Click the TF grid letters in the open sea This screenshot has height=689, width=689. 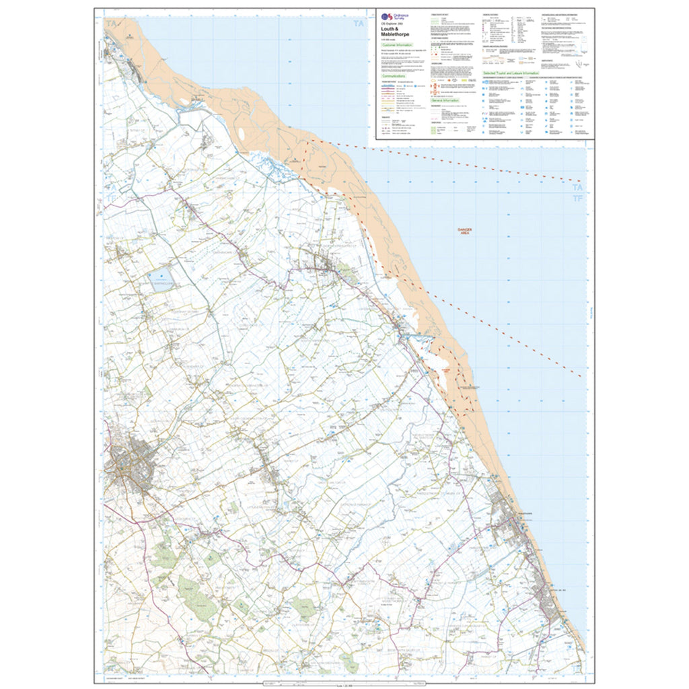tap(577, 199)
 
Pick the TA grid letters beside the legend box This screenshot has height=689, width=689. tap(361, 25)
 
